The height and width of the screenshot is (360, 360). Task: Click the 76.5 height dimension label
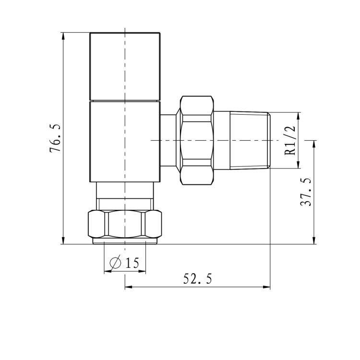(x=56, y=138)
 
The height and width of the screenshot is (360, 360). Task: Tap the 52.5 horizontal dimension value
(x=197, y=279)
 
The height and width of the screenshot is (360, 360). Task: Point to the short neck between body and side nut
(x=168, y=140)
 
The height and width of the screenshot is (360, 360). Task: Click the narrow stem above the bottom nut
(x=125, y=197)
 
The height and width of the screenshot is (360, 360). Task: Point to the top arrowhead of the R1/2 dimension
(x=299, y=116)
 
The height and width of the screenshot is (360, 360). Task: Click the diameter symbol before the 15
(x=115, y=263)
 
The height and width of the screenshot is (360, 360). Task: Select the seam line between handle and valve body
(x=125, y=101)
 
